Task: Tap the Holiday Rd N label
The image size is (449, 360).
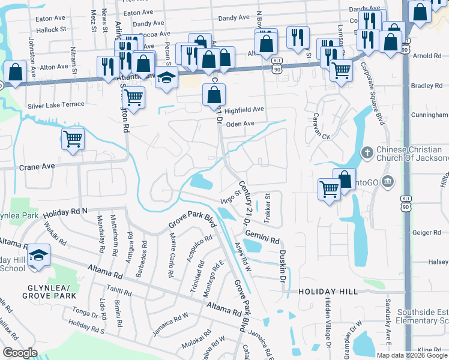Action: [65, 211]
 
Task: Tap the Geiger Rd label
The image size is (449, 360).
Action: [427, 232]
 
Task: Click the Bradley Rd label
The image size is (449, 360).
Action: [427, 86]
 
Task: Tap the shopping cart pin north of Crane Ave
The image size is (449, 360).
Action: [73, 139]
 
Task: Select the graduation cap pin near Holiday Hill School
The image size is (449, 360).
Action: [38, 255]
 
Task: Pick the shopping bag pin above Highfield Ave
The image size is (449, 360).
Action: [214, 94]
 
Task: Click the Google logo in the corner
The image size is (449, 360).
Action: [20, 353]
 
